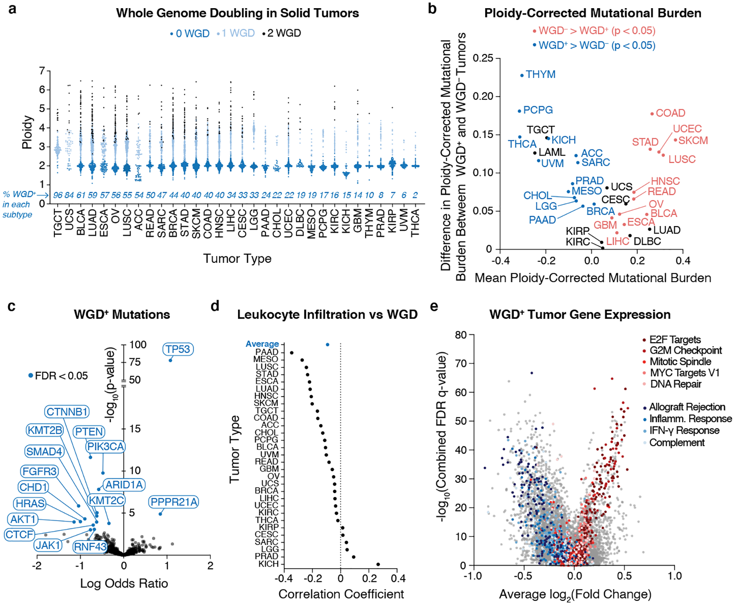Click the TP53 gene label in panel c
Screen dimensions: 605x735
(178, 349)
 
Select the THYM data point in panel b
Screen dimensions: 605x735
(522, 76)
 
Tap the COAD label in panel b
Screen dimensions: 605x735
(670, 113)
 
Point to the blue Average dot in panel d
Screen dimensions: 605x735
(327, 345)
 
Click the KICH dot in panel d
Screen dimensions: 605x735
(378, 565)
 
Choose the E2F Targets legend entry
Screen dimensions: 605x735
(675, 340)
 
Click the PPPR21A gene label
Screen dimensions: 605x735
(174, 502)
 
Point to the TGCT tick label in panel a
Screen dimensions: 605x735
(58, 223)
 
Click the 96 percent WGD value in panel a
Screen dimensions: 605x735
(58, 195)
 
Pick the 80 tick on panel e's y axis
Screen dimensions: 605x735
(461, 335)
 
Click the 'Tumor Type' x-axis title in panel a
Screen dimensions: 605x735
(237, 258)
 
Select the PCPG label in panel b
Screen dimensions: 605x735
(538, 110)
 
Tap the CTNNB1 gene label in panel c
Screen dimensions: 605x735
(67, 412)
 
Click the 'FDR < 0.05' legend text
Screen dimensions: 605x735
(61, 376)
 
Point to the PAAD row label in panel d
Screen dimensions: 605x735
(267, 352)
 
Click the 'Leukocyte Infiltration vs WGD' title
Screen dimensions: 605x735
(327, 314)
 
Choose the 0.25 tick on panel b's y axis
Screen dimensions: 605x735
(483, 58)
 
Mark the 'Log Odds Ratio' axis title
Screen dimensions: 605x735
(124, 583)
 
